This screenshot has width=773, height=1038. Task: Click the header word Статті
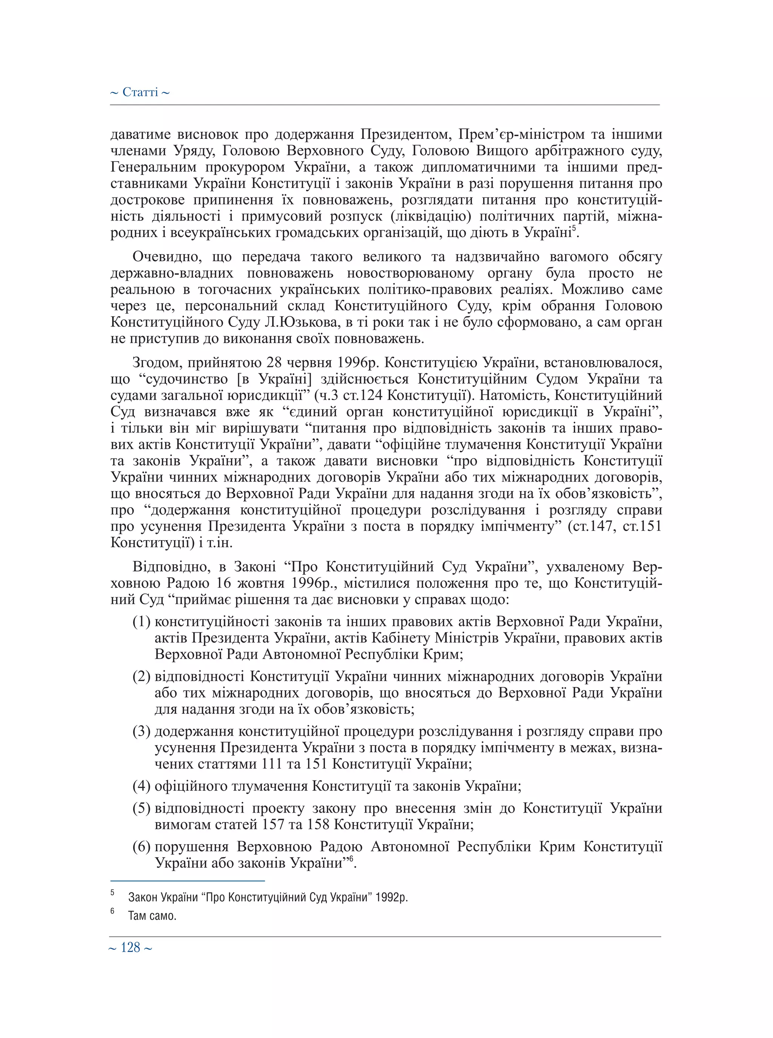click(x=140, y=92)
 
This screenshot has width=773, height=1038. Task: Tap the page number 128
click(x=130, y=948)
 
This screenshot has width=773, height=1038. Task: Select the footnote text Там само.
click(x=152, y=916)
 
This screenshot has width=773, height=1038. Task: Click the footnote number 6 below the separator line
click(x=112, y=911)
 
